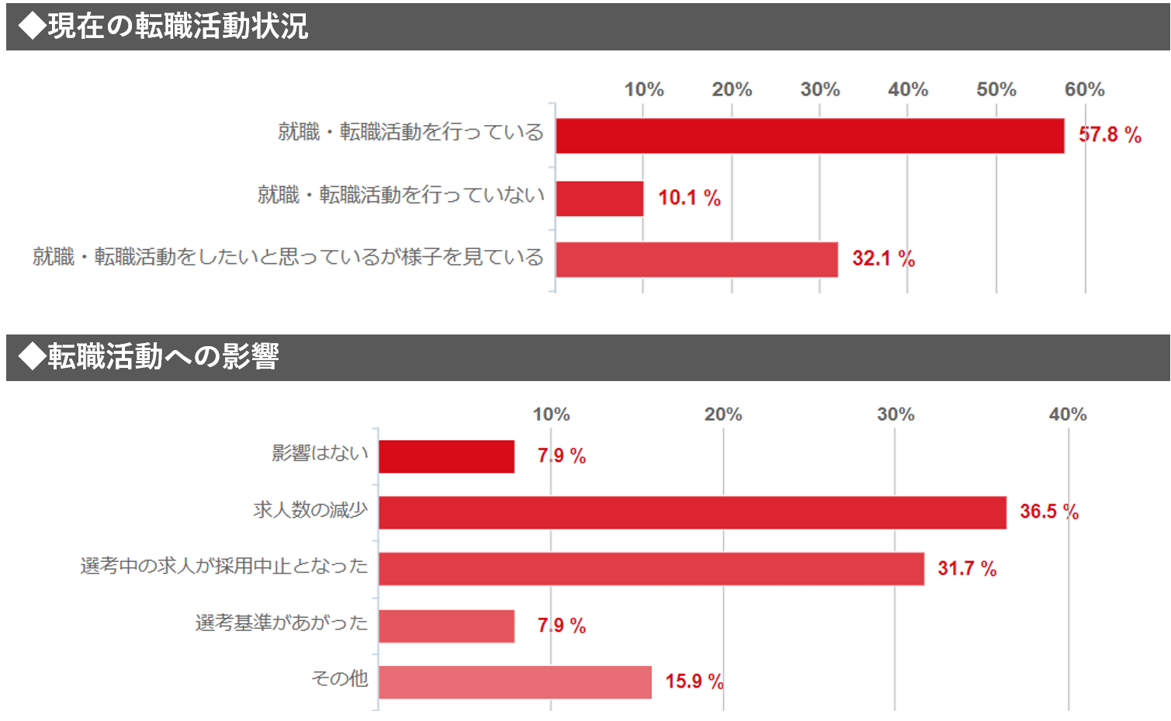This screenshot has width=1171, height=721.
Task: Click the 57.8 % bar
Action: tap(809, 136)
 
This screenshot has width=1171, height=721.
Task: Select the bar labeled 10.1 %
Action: tap(599, 199)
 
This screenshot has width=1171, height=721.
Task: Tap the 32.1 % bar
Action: tap(696, 259)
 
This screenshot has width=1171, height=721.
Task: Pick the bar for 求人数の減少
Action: tap(692, 512)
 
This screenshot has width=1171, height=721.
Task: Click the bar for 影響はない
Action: tap(446, 456)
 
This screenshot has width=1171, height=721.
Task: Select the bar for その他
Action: tap(514, 682)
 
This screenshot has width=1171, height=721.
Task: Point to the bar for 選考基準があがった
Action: tap(446, 626)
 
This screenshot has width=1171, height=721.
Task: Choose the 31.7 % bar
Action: tap(651, 569)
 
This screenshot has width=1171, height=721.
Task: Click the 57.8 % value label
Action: tap(1110, 135)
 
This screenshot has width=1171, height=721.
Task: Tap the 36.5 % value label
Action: tap(1049, 511)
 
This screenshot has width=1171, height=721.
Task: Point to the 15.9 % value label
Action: tap(694, 681)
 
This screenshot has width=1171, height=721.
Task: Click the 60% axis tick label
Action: tap(1084, 89)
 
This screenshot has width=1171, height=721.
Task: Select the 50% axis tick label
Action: tap(996, 89)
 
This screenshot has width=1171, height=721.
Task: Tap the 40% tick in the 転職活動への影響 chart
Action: tap(1067, 414)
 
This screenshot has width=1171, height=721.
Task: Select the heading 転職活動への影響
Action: tap(162, 357)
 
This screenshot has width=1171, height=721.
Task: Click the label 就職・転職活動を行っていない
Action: tap(401, 195)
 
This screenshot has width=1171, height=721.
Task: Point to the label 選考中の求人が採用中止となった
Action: tap(224, 566)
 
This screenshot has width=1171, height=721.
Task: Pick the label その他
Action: tap(340, 678)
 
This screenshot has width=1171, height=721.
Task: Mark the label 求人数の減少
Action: tap(310, 510)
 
